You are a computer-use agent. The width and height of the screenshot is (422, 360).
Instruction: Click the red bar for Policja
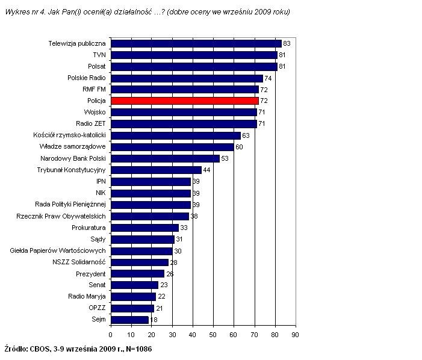(x=185, y=101)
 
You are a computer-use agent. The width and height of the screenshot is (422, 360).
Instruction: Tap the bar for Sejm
(x=130, y=320)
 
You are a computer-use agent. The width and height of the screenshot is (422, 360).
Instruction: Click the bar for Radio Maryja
(x=134, y=297)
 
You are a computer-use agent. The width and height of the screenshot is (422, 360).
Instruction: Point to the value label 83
(x=287, y=43)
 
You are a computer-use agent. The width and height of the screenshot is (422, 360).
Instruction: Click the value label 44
(x=206, y=170)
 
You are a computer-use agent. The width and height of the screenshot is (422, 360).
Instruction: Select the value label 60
(x=239, y=147)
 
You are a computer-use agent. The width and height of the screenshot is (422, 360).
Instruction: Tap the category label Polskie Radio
(x=87, y=78)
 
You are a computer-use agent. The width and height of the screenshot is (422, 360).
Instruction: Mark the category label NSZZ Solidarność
(x=79, y=262)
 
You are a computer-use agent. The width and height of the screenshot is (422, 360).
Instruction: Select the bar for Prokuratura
(x=145, y=228)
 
